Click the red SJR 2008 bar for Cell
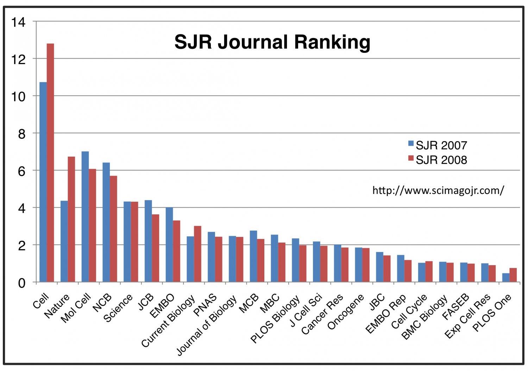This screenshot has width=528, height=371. (50, 162)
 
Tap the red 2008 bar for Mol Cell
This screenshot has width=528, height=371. (92, 225)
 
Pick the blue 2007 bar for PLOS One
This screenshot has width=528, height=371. (506, 278)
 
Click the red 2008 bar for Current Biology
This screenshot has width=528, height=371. (197, 254)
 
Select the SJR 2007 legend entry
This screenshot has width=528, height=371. (437, 145)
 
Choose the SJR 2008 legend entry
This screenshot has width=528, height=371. (437, 160)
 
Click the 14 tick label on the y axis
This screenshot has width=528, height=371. (18, 23)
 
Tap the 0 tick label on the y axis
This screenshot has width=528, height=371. (22, 283)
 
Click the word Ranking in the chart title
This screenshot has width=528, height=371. (332, 42)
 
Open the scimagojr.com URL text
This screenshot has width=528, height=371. (438, 190)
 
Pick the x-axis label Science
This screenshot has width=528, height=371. (118, 308)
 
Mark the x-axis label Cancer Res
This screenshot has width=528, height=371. (322, 314)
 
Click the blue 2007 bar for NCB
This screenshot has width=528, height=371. (106, 222)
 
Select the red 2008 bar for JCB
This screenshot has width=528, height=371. (155, 248)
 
